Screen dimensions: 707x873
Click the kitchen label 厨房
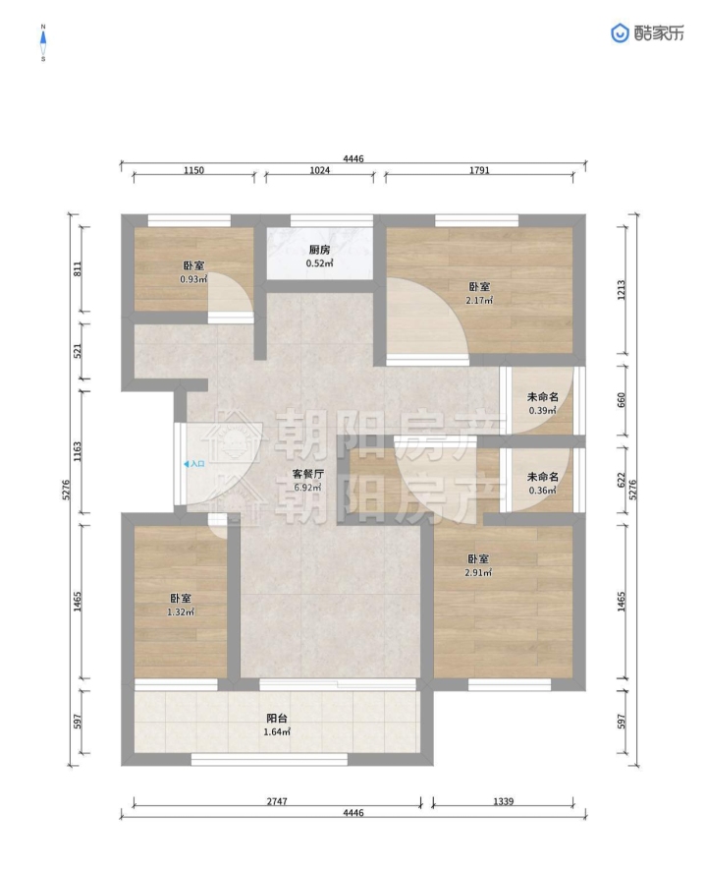pos(320,251)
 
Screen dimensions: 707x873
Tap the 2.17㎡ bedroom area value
pos(479,301)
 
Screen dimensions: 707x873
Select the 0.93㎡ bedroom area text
pos(193,279)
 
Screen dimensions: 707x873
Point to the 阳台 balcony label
pos(277,719)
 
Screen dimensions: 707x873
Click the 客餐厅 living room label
pos(308,475)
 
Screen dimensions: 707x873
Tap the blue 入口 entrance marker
pos(194,463)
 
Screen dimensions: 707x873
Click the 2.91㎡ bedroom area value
pos(478,572)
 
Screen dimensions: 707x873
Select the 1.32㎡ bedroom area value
pos(181,611)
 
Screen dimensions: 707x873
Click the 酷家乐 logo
pos(647,33)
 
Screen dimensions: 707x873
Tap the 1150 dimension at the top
pos(193,170)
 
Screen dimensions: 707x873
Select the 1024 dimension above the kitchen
pos(320,170)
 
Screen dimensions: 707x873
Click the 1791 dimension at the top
pos(479,170)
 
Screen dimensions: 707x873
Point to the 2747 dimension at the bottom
pos(277,801)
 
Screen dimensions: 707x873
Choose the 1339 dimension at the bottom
pos(503,801)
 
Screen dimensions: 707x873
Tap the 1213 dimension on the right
pos(622,290)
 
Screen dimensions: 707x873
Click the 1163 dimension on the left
pos(78,451)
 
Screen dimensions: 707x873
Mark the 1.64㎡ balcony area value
pos(277,732)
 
